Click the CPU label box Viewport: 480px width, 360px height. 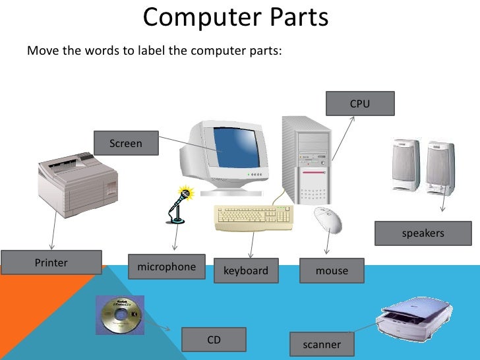point(360,104)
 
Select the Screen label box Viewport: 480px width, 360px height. point(126,143)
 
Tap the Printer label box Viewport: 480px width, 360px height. point(51,262)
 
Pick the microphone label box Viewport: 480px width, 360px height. point(166,267)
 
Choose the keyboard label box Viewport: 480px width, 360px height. point(246,270)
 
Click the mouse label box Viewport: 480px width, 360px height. point(332,270)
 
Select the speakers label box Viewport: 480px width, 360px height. point(423,233)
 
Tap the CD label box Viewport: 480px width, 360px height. point(214,340)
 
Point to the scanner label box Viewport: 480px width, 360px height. point(322,344)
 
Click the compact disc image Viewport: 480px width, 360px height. point(119,315)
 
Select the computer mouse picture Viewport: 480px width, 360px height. point(328,220)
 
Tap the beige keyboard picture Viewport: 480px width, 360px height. point(255,217)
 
